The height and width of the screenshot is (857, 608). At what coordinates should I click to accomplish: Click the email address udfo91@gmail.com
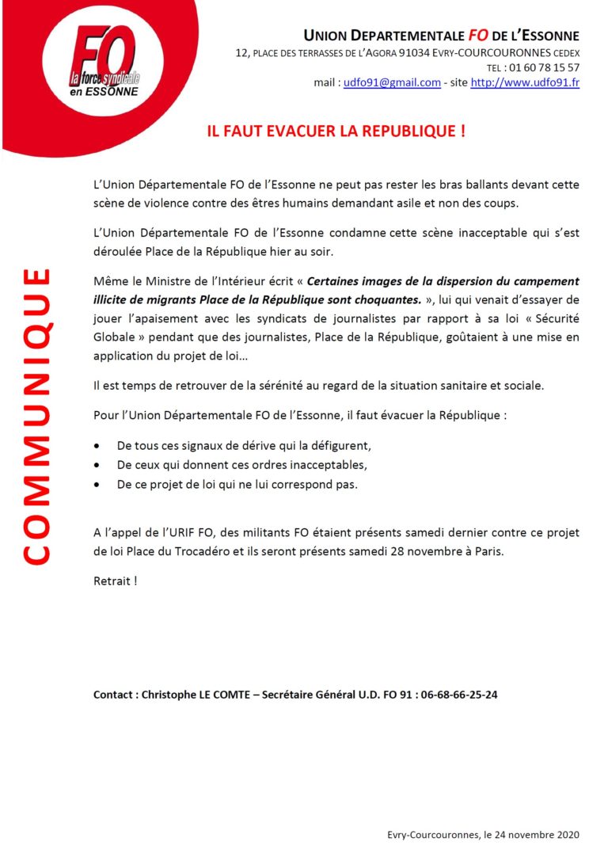(392, 82)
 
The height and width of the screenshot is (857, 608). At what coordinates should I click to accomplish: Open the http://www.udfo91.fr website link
(525, 82)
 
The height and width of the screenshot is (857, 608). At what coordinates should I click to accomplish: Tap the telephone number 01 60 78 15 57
(543, 67)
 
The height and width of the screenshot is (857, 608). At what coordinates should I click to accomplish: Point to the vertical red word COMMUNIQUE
(35, 417)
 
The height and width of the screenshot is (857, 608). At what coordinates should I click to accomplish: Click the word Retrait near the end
(112, 581)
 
